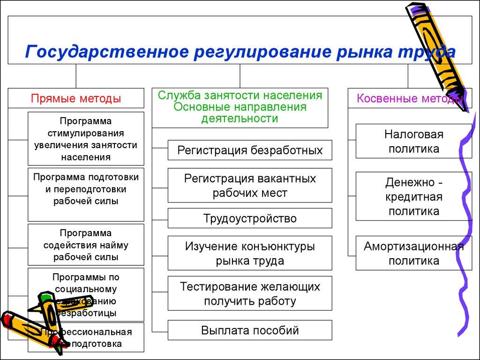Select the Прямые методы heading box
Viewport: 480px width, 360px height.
76,98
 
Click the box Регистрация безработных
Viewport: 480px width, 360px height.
250,150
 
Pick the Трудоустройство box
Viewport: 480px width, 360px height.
250,218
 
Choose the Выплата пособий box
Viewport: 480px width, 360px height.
250,330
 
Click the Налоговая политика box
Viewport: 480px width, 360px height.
413,141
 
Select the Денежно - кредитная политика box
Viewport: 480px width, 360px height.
413,196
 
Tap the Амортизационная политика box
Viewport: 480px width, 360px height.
413,254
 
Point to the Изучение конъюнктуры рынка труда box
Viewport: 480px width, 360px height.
250,253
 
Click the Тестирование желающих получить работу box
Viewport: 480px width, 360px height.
250,293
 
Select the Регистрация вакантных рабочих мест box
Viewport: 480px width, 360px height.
250,185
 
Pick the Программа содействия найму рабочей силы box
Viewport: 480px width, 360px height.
86,245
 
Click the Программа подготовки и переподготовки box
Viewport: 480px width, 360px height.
86,194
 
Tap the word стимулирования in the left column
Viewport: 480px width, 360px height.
85,133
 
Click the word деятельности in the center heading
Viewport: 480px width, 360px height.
240,118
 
